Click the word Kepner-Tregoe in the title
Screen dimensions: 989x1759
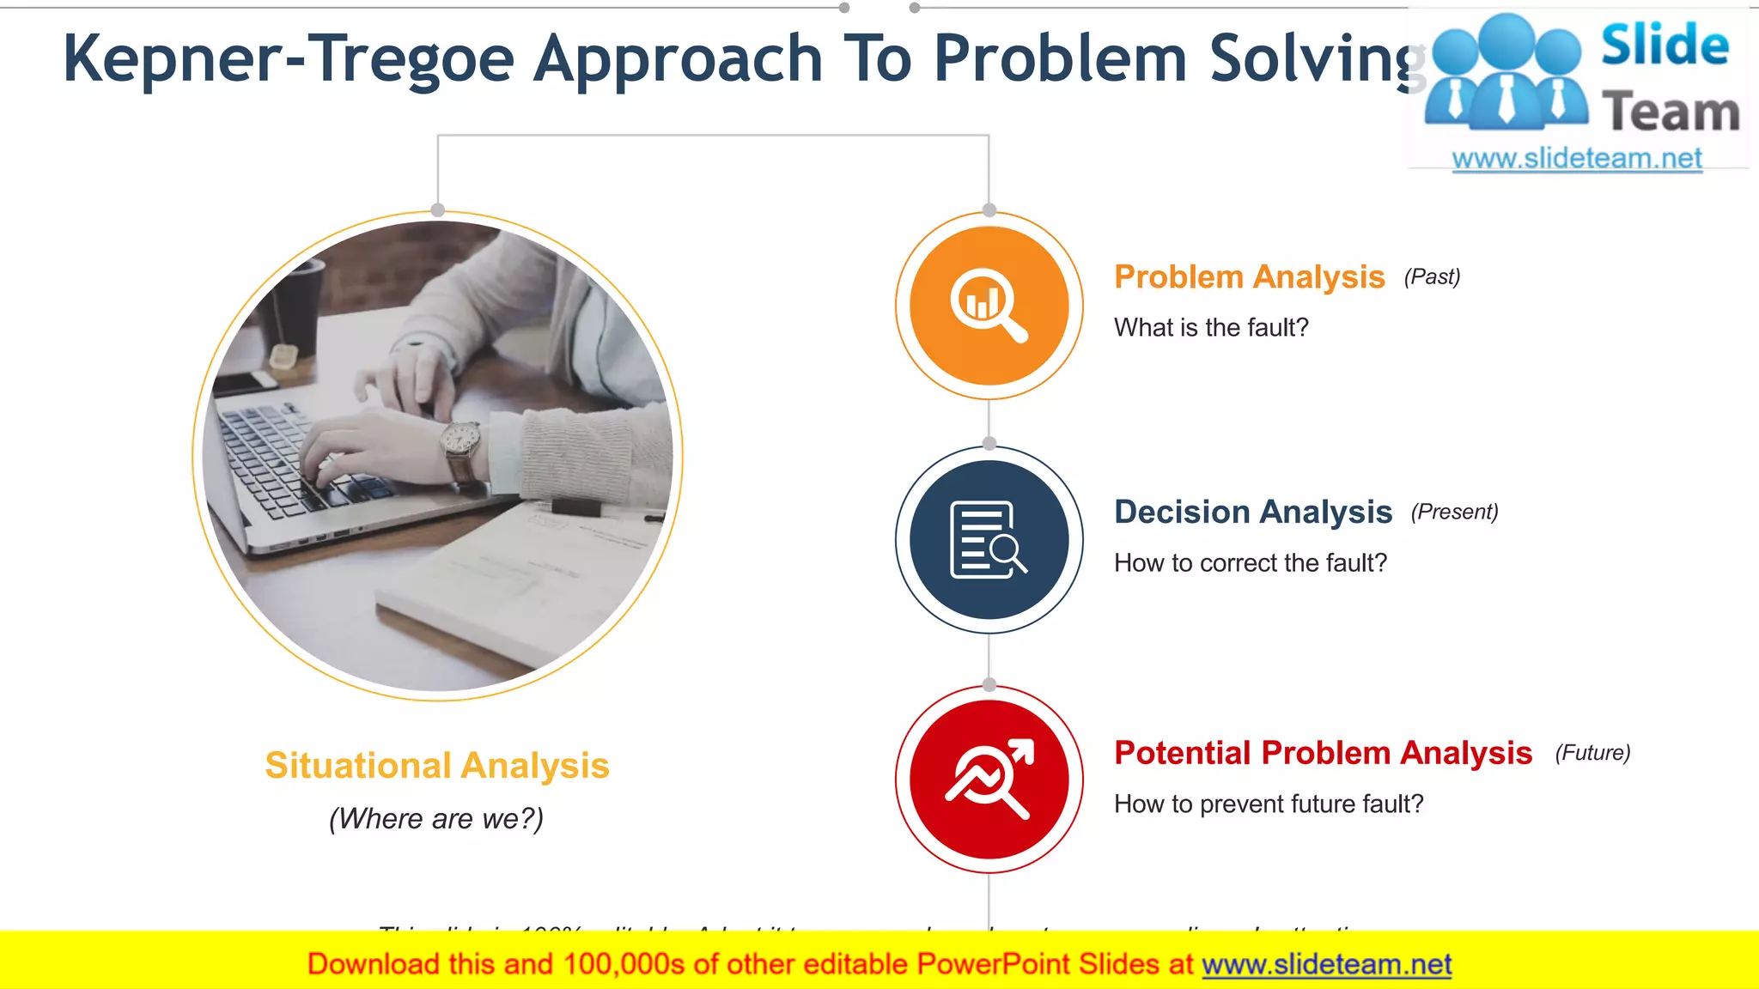click(x=288, y=58)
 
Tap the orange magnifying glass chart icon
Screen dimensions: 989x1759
click(x=989, y=306)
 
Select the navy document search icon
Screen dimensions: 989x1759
click(x=989, y=540)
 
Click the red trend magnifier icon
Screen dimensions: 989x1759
click(x=989, y=780)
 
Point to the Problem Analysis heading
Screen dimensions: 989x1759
click(x=1249, y=277)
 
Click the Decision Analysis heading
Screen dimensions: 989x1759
click(x=1252, y=512)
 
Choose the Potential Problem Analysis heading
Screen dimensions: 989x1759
click(x=1323, y=753)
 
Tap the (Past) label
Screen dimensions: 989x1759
click(x=1432, y=277)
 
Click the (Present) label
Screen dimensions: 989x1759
click(x=1454, y=512)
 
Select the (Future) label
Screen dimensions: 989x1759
click(x=1592, y=753)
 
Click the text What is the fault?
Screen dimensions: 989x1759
click(x=1211, y=328)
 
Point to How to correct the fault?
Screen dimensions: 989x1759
click(x=1251, y=563)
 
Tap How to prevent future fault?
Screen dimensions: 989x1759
click(x=1269, y=804)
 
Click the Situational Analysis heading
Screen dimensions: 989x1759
click(x=437, y=766)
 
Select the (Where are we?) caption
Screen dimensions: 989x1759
click(x=436, y=819)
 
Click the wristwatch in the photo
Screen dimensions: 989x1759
click(x=461, y=440)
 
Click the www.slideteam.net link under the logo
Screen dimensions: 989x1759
click(x=1577, y=159)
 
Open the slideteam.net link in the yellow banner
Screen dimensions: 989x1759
click(x=1326, y=965)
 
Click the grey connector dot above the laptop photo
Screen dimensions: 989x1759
click(x=438, y=210)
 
